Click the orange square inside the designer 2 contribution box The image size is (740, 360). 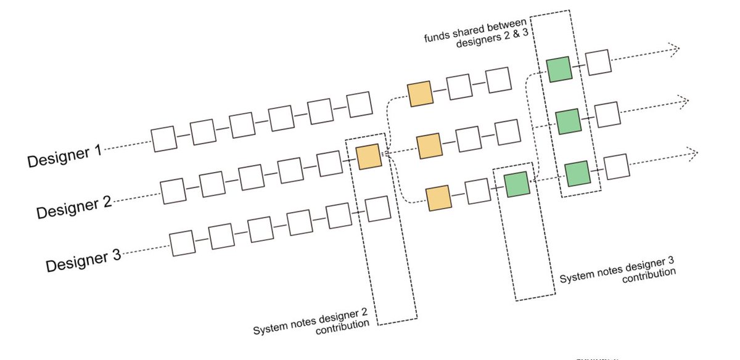pos(369,156)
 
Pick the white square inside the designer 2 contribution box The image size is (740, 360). pos(377,208)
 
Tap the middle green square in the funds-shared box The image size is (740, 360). pos(568,121)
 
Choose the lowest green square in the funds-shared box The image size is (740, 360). pos(577,173)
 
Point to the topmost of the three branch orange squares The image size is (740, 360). pos(420,93)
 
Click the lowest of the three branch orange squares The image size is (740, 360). pos(438,198)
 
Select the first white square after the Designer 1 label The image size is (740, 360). pos(164,138)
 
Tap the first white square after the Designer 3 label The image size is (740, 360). pos(183,243)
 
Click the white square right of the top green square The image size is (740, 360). pos(597,63)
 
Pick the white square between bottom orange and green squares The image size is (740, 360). pos(477,191)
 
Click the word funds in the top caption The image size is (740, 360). pos(435,36)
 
